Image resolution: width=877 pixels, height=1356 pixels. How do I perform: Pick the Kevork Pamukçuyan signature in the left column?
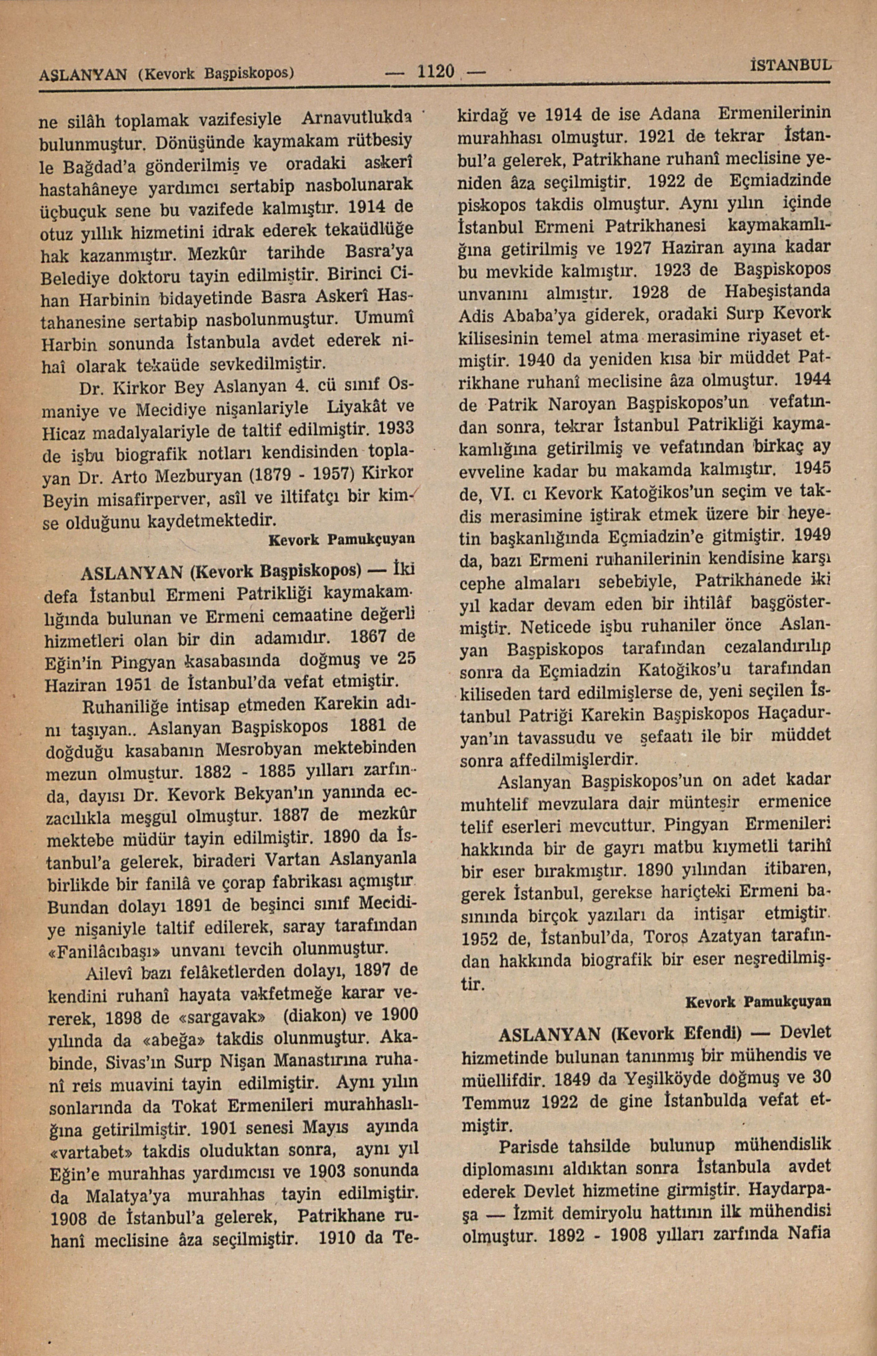341,537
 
